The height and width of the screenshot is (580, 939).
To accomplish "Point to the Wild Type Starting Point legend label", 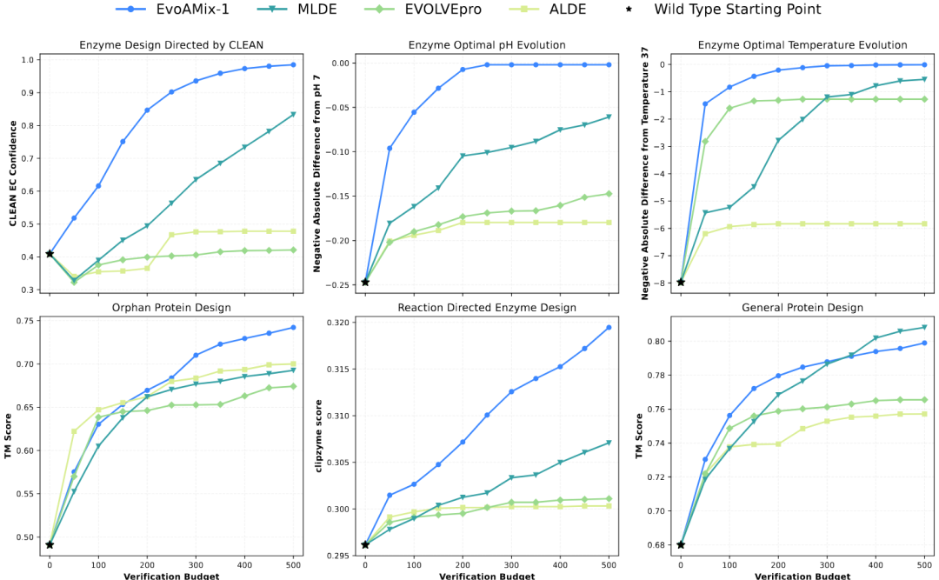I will click(737, 10).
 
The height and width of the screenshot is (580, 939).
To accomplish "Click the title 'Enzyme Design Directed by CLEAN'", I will click(171, 45).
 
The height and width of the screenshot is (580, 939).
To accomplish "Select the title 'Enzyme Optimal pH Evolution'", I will click(487, 45).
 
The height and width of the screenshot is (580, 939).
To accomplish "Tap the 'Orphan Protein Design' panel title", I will click(171, 308).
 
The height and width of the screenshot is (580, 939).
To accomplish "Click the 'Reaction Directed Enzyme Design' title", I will click(487, 308).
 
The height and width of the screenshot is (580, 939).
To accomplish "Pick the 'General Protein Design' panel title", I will click(802, 308).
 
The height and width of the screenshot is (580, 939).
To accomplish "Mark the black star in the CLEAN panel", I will click(50, 254).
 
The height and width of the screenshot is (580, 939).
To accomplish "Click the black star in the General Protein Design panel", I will click(681, 544).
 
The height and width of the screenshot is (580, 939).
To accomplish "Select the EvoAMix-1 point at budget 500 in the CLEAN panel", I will click(293, 65).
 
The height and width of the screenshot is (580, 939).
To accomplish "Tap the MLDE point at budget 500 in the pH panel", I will click(609, 117).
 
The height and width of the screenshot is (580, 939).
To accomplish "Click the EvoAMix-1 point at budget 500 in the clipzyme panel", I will click(609, 327).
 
